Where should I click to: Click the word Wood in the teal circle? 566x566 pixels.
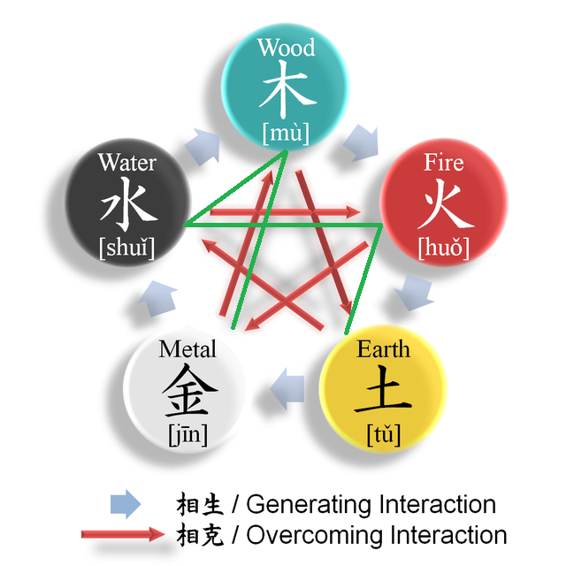[x=286, y=47]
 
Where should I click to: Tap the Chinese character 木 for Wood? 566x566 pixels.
[x=286, y=89]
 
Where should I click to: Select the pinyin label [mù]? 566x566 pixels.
[x=286, y=134]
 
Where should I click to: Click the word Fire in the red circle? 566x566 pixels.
[x=443, y=162]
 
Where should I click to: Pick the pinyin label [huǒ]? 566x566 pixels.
[x=443, y=248]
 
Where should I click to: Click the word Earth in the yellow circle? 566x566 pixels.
[x=383, y=348]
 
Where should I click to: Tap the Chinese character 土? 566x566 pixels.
[x=383, y=392]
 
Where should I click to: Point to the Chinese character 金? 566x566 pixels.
[x=187, y=392]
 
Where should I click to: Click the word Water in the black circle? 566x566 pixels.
[x=127, y=163]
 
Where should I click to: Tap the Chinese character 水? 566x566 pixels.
[x=127, y=205]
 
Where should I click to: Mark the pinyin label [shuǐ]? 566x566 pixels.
[x=127, y=249]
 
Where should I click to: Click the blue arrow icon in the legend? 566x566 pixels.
[x=125, y=505]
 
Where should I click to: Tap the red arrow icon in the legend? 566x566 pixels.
[x=123, y=534]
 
